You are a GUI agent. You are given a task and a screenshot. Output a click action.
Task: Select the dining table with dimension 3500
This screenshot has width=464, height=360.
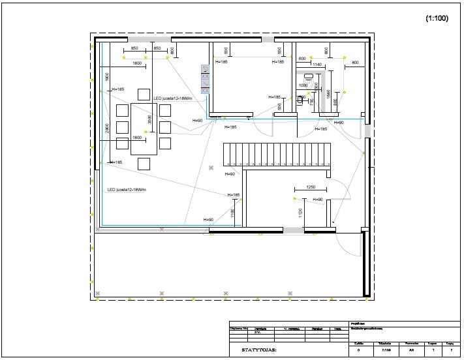point(144,128)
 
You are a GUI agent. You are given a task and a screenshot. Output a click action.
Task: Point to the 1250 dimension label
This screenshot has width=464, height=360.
point(311,187)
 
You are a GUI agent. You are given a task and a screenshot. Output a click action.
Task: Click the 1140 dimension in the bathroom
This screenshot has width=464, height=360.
point(318,65)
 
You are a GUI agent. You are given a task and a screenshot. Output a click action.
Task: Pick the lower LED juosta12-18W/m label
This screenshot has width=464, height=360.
point(127,190)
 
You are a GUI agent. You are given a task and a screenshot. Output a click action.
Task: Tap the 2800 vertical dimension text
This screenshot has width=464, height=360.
point(106,128)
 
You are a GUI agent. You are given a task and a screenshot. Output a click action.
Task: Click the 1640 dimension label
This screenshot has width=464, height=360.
point(329,95)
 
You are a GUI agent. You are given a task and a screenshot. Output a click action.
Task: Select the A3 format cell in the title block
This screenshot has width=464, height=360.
point(411,350)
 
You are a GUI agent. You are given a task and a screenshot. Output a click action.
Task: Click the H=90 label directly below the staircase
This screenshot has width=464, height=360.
point(229,174)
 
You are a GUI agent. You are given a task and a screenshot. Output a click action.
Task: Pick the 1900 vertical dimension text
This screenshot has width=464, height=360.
point(106,76)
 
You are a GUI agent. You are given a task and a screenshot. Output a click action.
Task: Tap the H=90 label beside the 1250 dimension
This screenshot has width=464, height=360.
point(318,199)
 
